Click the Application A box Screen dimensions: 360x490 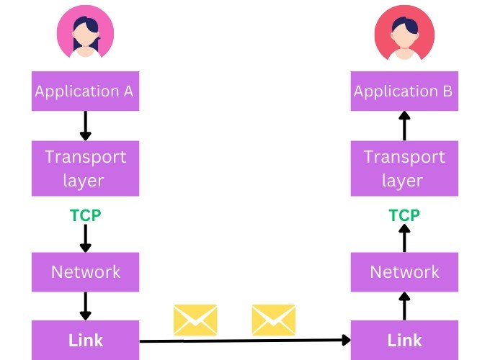point(85,91)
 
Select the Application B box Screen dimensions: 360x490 point(404,91)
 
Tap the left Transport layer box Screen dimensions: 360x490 point(85,168)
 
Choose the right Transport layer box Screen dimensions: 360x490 point(404,168)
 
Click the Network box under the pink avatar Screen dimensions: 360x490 point(85,272)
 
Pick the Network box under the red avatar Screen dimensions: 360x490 point(404,272)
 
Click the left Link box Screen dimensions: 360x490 point(85,340)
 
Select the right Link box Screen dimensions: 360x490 point(404,340)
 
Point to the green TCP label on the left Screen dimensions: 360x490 point(85,215)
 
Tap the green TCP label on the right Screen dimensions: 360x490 point(404,215)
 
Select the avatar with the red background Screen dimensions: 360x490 point(403,33)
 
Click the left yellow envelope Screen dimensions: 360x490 point(195,319)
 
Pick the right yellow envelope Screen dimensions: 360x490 point(273,319)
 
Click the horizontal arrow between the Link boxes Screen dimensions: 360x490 point(245,340)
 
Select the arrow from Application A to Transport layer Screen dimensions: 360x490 point(85,126)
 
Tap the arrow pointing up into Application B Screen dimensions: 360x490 point(404,126)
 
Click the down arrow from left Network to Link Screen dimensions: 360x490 point(85,305)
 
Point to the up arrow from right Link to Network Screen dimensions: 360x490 point(404,306)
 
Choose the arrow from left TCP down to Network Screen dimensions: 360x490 point(85,238)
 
